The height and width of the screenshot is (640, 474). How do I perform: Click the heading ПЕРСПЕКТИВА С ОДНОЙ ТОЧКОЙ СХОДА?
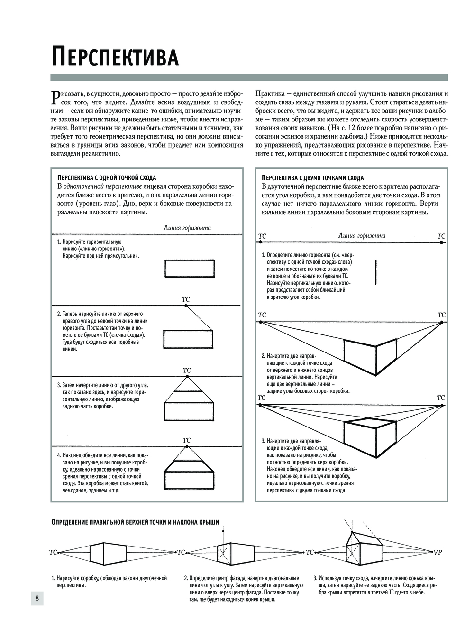pyautogui.click(x=106, y=177)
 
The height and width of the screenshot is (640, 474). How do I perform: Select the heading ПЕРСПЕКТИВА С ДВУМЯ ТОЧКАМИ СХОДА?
pyautogui.click(x=312, y=177)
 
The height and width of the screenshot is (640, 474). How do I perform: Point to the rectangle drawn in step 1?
pyautogui.click(x=189, y=269)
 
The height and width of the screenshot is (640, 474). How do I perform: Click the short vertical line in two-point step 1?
pyautogui.click(x=375, y=272)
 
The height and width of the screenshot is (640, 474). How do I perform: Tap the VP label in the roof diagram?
pyautogui.click(x=438, y=552)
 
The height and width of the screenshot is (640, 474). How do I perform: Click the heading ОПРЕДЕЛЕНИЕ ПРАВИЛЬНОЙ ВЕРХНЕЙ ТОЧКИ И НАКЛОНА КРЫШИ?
pyautogui.click(x=135, y=522)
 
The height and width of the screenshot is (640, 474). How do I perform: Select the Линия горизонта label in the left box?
pyautogui.click(x=187, y=228)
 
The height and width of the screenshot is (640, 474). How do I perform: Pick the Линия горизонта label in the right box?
pyautogui.click(x=362, y=235)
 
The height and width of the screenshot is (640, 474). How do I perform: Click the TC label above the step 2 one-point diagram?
pyautogui.click(x=186, y=299)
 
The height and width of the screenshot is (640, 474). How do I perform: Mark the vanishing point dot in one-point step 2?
pyautogui.click(x=186, y=306)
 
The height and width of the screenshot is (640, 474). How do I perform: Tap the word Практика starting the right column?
pyautogui.click(x=270, y=93)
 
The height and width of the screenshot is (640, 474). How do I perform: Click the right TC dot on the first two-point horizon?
pyautogui.click(x=441, y=242)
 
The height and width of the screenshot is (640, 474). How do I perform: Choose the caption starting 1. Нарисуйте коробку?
pyautogui.click(x=109, y=582)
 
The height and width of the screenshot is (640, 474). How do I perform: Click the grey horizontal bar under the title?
pyautogui.click(x=249, y=78)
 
